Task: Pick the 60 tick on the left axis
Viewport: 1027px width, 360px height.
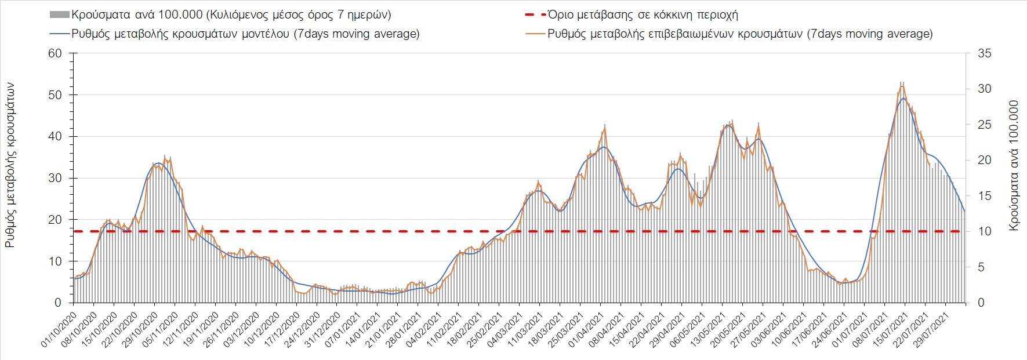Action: pyautogui.click(x=55, y=53)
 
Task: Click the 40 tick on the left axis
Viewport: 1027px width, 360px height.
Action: pyautogui.click(x=55, y=137)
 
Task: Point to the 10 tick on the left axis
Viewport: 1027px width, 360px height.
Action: pyautogui.click(x=55, y=261)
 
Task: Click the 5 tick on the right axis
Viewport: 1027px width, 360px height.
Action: pyautogui.click(x=981, y=267)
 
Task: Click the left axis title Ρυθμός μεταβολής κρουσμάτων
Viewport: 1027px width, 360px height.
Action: pyautogui.click(x=10, y=165)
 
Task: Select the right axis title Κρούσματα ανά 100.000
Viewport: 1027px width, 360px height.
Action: pyautogui.click(x=1014, y=166)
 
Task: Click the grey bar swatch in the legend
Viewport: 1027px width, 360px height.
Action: pyautogui.click(x=60, y=14)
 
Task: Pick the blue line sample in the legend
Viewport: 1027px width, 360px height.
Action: pyautogui.click(x=60, y=34)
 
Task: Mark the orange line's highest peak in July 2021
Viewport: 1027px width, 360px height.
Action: pyautogui.click(x=902, y=86)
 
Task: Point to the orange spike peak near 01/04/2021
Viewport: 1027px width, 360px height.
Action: pyautogui.click(x=605, y=126)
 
